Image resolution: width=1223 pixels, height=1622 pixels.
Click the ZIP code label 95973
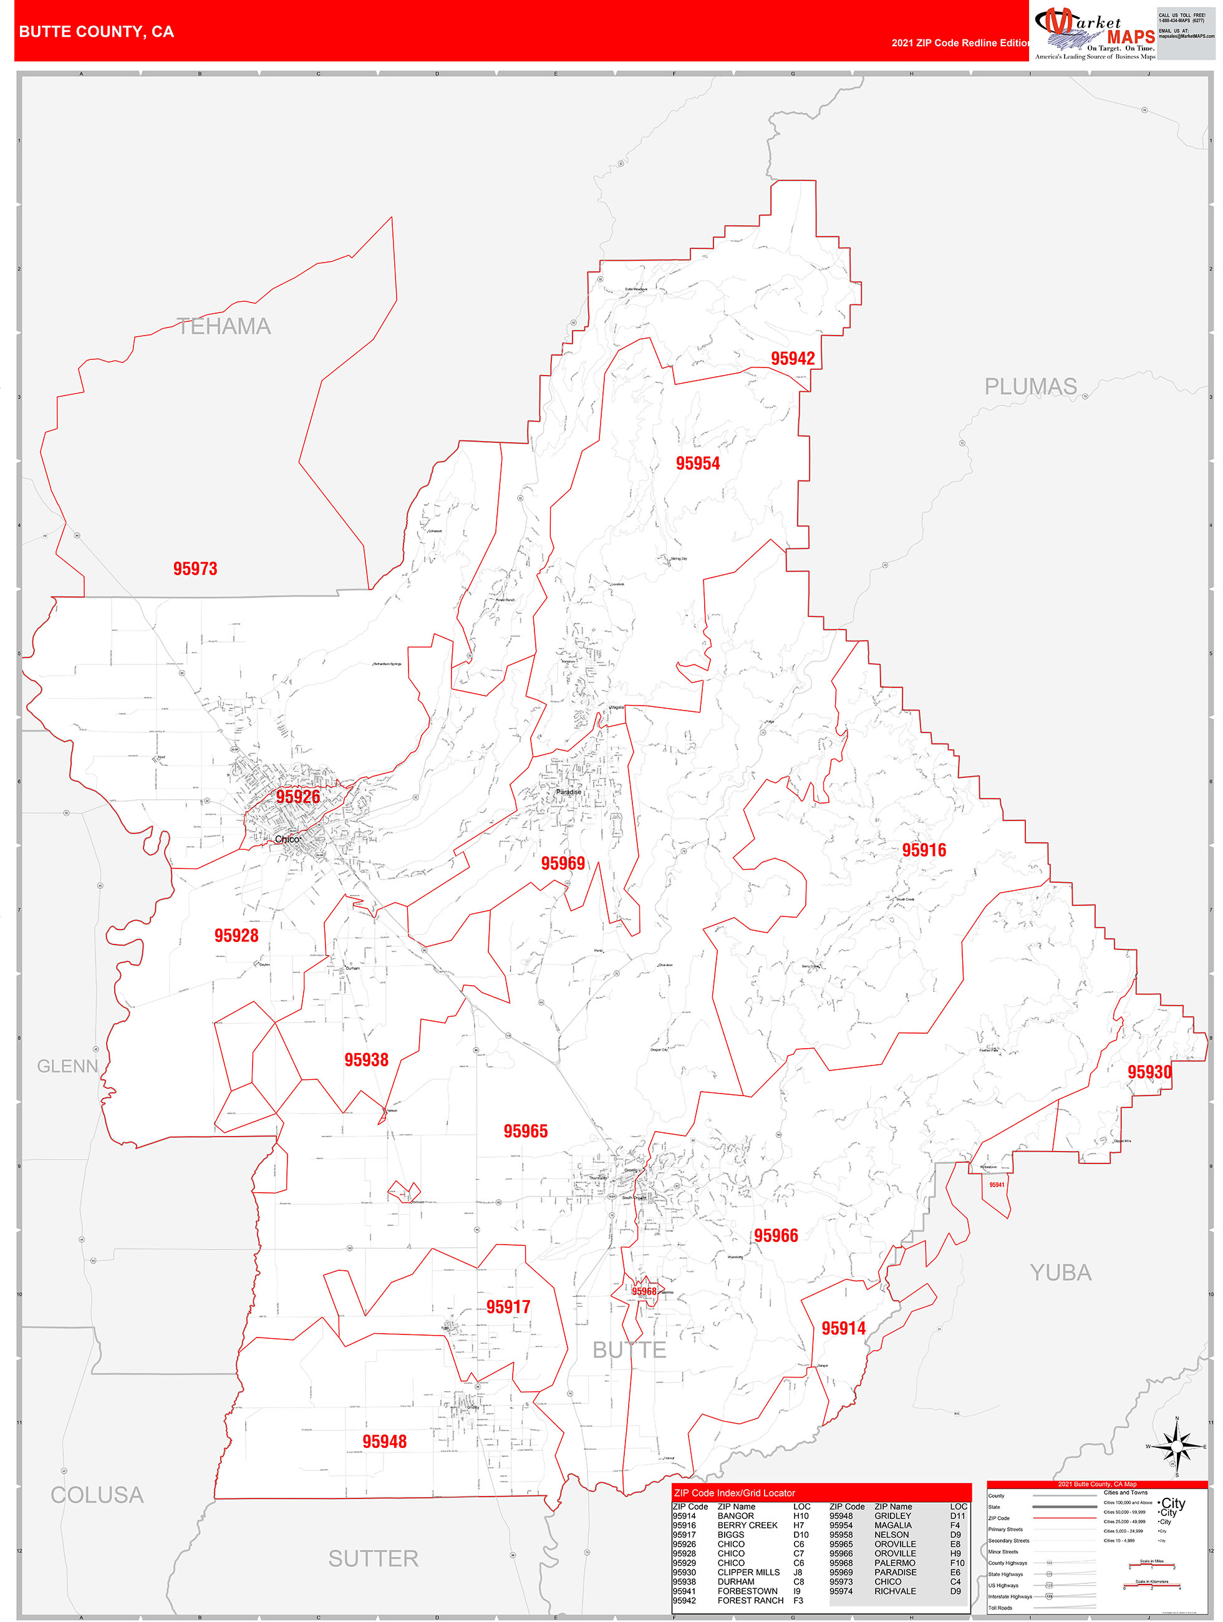click(x=195, y=568)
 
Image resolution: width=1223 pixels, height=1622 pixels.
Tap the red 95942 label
click(x=793, y=358)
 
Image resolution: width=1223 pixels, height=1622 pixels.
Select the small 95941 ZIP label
click(x=997, y=1184)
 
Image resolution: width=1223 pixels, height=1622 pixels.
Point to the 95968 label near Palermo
click(x=644, y=1291)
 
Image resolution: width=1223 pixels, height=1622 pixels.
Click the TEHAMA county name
click(x=224, y=326)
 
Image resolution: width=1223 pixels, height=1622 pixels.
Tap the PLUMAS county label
click(x=1030, y=386)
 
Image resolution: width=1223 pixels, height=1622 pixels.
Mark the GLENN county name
click(x=67, y=1066)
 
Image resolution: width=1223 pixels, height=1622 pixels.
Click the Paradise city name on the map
click(x=568, y=792)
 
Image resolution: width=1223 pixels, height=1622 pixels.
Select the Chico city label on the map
click(x=287, y=839)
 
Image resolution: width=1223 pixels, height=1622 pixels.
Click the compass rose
click(x=1177, y=1447)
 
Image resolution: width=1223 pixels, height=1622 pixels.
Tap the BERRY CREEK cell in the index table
click(x=747, y=1525)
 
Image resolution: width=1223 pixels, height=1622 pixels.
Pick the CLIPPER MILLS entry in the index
click(x=748, y=1572)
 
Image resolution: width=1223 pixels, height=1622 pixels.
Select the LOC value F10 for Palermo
click(x=957, y=1563)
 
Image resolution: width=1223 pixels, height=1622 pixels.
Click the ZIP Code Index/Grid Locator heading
click(x=734, y=1493)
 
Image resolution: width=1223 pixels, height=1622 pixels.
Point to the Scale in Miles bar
click(x=1151, y=1565)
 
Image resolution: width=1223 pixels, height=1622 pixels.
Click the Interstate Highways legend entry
click(x=1010, y=1596)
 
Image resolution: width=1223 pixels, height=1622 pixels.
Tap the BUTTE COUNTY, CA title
click(x=96, y=32)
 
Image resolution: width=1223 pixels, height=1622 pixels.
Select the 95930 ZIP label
click(x=1149, y=1072)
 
